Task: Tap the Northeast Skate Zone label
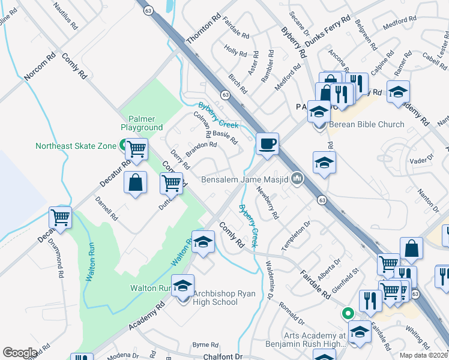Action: point(74,146)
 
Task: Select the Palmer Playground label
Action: point(142,123)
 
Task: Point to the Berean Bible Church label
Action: point(367,125)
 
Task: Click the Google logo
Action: point(20,353)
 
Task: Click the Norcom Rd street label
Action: point(40,67)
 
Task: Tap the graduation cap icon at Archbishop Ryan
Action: point(183,286)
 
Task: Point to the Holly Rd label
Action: point(235,50)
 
